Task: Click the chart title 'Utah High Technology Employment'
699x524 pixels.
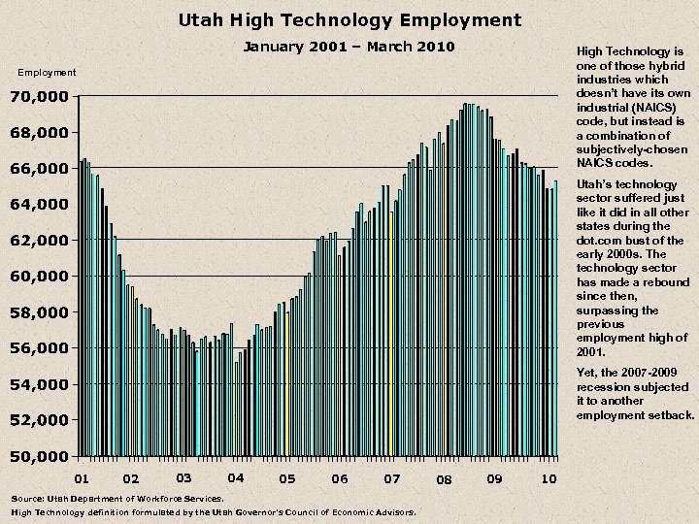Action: coord(349,19)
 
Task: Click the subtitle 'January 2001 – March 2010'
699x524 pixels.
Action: coord(349,47)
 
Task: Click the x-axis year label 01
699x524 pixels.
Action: coord(83,478)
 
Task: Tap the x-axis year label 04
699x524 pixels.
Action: coord(235,477)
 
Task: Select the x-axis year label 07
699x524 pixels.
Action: coord(391,478)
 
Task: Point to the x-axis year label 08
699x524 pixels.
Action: coord(444,479)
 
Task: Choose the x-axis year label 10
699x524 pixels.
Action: coord(549,477)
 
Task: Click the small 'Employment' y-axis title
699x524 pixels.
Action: coord(47,73)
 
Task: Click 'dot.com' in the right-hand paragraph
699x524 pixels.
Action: coord(599,240)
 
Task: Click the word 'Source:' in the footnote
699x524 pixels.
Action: coord(26,498)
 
